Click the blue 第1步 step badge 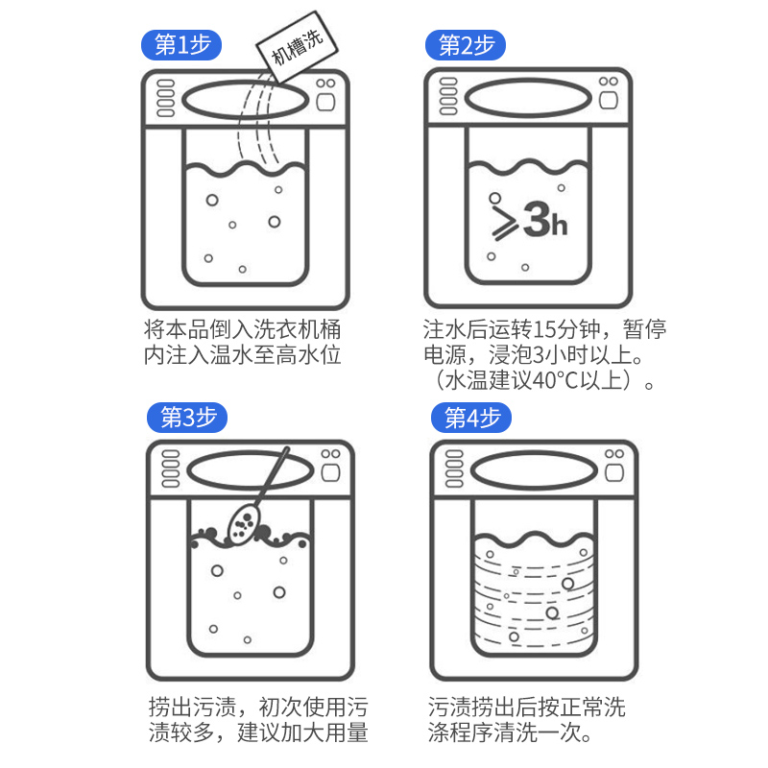(x=181, y=45)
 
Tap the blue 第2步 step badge (x=466, y=45)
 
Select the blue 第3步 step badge (x=187, y=418)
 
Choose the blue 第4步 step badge (x=471, y=418)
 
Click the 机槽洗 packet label (x=298, y=46)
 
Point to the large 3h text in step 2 (x=545, y=221)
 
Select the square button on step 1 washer (x=325, y=103)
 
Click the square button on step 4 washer (x=614, y=473)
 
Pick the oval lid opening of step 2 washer (x=528, y=99)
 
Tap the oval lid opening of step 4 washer (x=534, y=471)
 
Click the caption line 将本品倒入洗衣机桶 (x=243, y=329)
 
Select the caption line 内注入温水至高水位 (x=243, y=354)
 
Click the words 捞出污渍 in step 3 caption (x=193, y=707)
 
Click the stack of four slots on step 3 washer (x=171, y=468)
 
